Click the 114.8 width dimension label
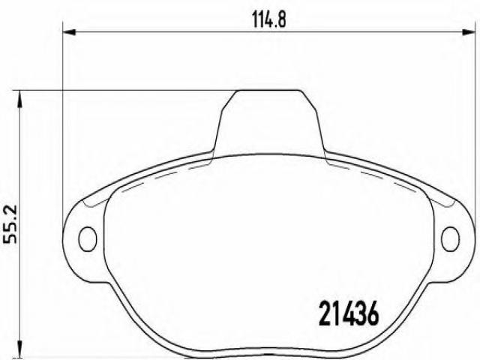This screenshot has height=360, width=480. click(x=269, y=20)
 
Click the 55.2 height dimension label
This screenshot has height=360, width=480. click(x=10, y=224)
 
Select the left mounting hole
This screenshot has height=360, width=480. click(x=88, y=239)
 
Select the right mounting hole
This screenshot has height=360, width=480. click(x=450, y=239)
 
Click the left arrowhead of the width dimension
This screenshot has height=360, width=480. click(x=69, y=31)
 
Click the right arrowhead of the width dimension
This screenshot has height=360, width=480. click(x=468, y=31)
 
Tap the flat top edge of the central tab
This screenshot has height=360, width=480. click(x=269, y=90)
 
